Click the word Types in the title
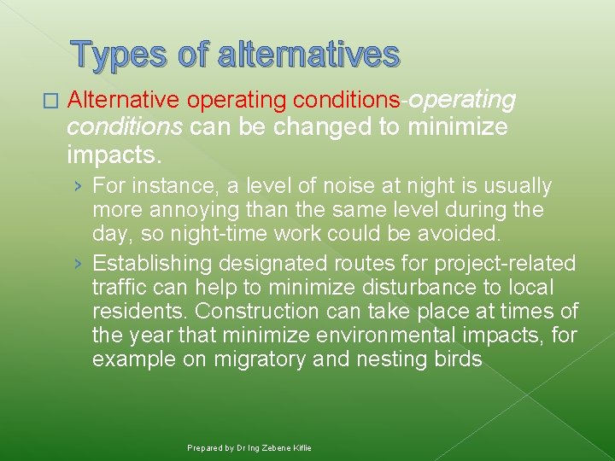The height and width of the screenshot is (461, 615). click(x=119, y=54)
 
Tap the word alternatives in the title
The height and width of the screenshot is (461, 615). click(x=309, y=54)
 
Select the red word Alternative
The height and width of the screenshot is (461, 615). click(x=123, y=100)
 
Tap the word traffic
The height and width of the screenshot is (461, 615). click(x=119, y=288)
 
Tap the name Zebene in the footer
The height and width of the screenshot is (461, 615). click(x=270, y=448)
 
